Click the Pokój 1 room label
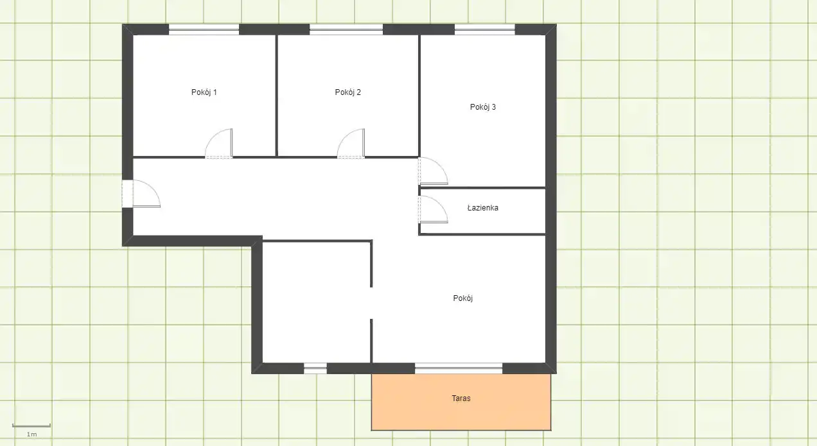click(204, 92)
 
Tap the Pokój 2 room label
click(347, 92)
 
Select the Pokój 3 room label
click(483, 107)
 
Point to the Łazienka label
click(483, 208)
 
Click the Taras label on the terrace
click(461, 399)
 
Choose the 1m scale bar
click(31, 425)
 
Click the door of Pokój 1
click(219, 144)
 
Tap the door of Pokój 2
click(351, 144)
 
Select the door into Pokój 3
click(433, 171)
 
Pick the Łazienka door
click(433, 209)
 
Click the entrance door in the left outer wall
click(141, 194)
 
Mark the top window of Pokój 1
click(204, 30)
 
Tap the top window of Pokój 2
click(346, 30)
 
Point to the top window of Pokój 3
click(485, 30)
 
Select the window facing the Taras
click(459, 368)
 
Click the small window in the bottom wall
click(315, 368)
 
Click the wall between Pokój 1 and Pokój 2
click(276, 96)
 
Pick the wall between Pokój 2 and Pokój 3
click(419, 96)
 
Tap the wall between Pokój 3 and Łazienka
click(482, 188)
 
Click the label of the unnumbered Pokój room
click(463, 298)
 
